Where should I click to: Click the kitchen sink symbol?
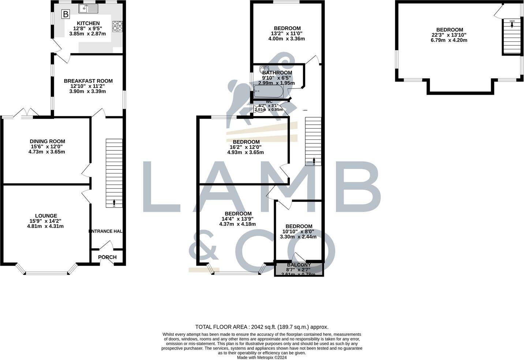(88, 8)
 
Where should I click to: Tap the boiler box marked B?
(65, 15)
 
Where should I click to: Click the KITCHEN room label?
(88, 23)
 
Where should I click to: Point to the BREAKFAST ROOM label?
(88, 81)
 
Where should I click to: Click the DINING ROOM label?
(47, 141)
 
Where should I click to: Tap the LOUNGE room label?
(46, 216)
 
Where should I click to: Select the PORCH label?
(108, 257)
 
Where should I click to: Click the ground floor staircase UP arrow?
(114, 202)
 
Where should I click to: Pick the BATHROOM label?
(277, 73)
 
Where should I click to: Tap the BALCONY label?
(299, 265)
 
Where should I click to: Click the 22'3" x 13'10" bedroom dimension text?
(449, 35)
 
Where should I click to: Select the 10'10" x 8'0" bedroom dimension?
(299, 232)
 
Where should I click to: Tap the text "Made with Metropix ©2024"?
(262, 358)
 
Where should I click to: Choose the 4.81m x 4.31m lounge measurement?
(46, 226)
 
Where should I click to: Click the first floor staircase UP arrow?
(314, 161)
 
